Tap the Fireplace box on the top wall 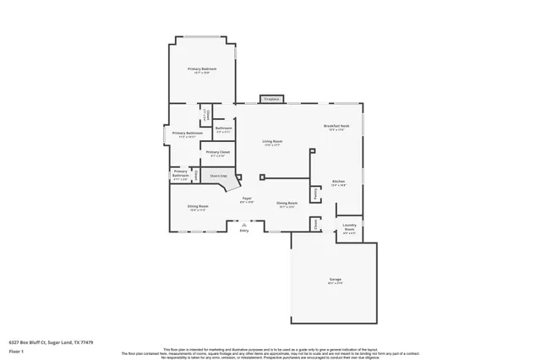[x=271, y=100]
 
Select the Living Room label [x=270, y=141]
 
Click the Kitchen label [x=338, y=182]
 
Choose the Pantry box [x=314, y=194]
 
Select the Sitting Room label [x=287, y=203]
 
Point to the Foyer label [x=247, y=199]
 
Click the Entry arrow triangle [x=244, y=224]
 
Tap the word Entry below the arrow [x=244, y=230]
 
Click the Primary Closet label [x=218, y=152]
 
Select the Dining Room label [x=199, y=206]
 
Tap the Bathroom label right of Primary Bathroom [x=223, y=129]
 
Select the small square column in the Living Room [x=261, y=177]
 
